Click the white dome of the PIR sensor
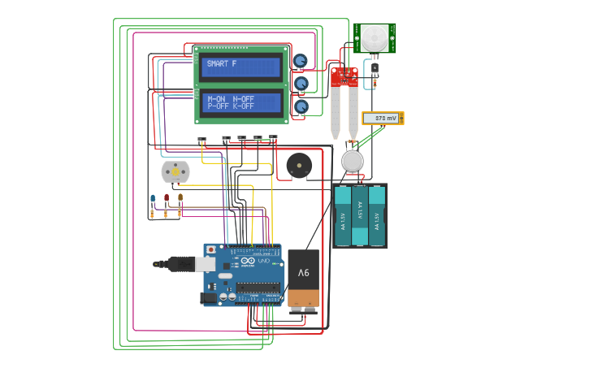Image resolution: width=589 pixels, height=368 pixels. point(375,37)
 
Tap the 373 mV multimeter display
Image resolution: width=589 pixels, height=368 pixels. point(382,119)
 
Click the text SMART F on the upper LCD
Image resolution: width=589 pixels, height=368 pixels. point(222,63)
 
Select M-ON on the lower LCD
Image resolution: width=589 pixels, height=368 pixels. point(217,98)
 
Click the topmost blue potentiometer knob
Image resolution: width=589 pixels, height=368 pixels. point(301,61)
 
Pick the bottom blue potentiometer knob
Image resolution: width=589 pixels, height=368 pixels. point(301,106)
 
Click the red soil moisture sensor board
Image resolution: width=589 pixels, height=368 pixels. point(343,78)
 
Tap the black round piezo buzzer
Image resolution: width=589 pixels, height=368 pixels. point(298,165)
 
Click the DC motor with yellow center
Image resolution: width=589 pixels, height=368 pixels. point(175,171)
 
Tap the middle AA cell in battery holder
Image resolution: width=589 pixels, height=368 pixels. point(360,216)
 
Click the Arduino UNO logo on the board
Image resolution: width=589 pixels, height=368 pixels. point(262,261)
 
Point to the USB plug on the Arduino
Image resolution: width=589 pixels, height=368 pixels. point(174,263)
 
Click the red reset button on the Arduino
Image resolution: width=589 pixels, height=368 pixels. point(211,249)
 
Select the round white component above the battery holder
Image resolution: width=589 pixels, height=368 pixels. point(352,161)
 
